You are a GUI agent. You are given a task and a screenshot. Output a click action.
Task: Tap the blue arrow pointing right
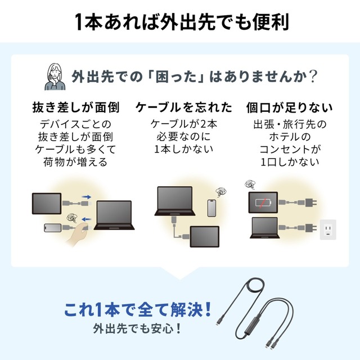coord(86,197)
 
